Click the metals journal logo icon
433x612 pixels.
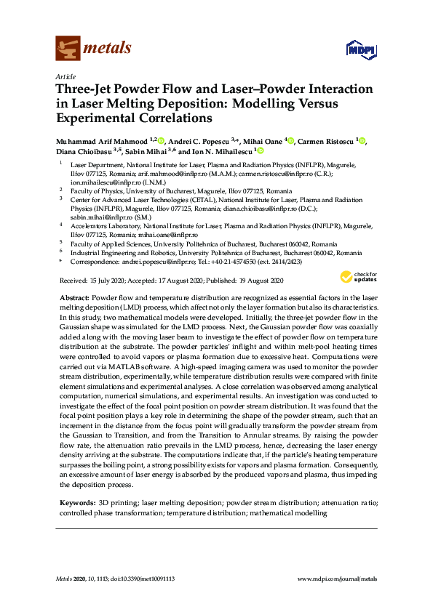click(x=67, y=49)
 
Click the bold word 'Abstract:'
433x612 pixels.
click(x=74, y=299)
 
